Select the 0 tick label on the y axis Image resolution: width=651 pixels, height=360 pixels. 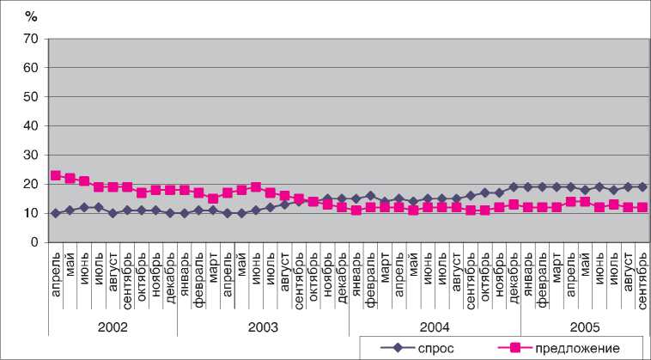[x=33, y=243]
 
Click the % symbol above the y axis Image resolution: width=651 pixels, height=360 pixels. [x=32, y=15]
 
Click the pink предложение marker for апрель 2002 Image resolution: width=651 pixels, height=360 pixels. [x=56, y=175]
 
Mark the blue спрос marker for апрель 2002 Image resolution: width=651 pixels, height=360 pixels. [x=56, y=213]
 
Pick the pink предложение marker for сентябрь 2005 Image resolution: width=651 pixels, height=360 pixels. [x=642, y=207]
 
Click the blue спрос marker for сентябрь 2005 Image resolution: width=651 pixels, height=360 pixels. [x=642, y=186]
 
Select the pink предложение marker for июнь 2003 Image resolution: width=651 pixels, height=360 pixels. [x=256, y=186]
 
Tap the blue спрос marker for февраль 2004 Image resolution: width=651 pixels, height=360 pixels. [x=370, y=196]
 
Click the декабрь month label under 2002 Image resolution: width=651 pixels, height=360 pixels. [x=170, y=273]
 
